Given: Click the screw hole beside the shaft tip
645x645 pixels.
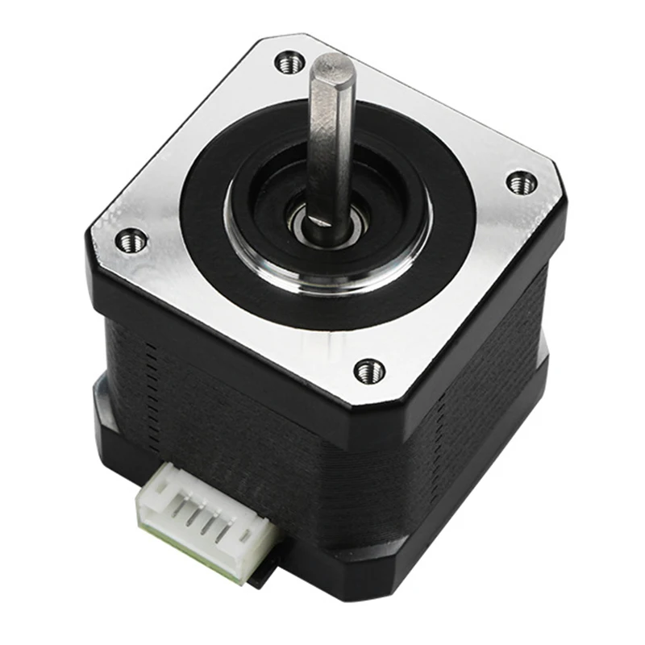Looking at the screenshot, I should tap(289, 60).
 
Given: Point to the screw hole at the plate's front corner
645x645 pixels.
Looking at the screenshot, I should tap(369, 370).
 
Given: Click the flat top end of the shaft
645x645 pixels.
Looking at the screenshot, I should tap(332, 65).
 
